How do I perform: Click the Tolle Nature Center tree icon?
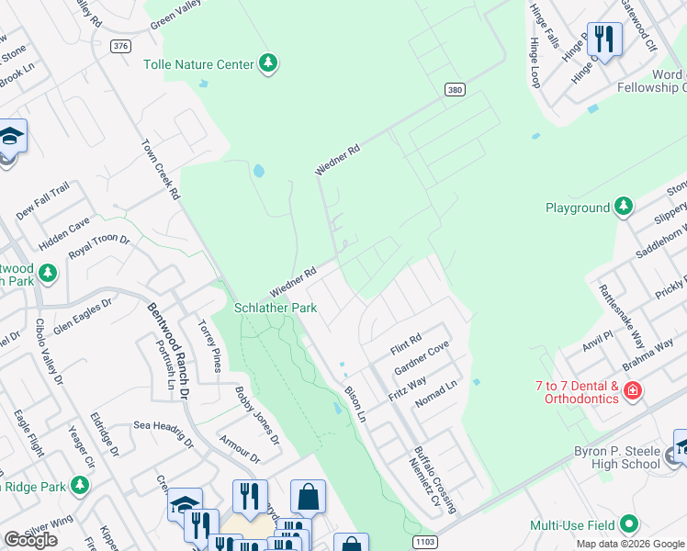coord(267,63)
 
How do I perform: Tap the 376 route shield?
coord(121,46)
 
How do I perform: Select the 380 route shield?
coord(454,89)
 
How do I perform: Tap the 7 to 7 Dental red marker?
coord(632,392)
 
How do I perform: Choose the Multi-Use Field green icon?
coord(628,525)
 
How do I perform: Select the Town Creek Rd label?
coord(161,170)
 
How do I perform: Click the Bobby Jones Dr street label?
coord(258,416)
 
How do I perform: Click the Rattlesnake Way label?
coord(620,317)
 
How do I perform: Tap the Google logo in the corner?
coord(30,540)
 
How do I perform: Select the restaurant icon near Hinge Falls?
coord(603,39)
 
